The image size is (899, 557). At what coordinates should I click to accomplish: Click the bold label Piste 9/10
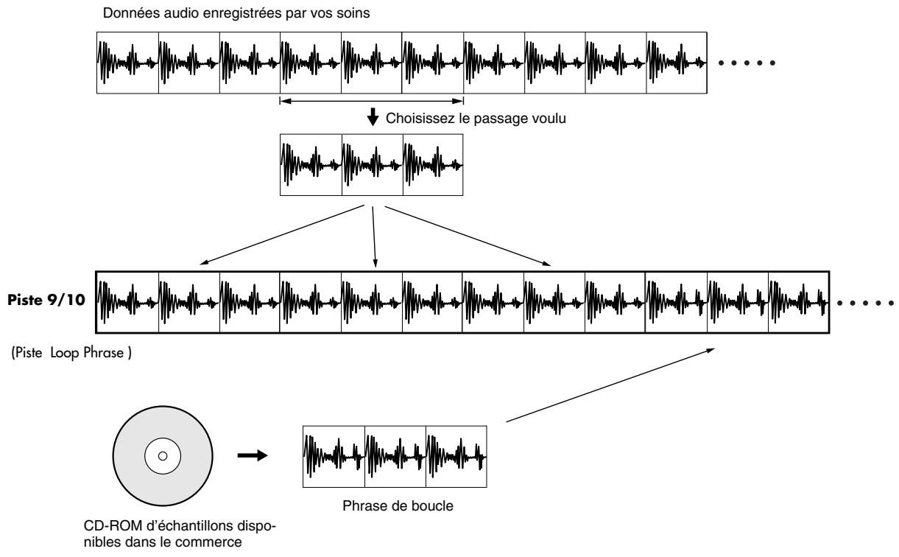(46, 300)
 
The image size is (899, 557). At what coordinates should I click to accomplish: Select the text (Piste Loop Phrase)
(71, 353)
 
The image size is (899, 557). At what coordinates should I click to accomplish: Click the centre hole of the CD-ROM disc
(163, 456)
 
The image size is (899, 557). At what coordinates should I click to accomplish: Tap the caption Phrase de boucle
(398, 505)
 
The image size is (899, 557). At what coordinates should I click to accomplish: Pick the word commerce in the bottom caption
(208, 542)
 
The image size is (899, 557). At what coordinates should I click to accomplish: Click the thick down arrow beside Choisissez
(373, 117)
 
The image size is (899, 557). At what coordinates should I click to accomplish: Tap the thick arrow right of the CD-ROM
(253, 455)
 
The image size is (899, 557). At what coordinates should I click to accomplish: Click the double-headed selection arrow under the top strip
(372, 101)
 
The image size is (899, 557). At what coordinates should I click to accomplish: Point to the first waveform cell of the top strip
(127, 63)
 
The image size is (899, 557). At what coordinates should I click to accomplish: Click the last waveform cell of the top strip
(677, 63)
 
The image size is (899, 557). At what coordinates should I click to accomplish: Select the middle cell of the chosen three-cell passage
(373, 164)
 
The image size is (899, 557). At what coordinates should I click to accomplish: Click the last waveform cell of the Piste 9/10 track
(799, 302)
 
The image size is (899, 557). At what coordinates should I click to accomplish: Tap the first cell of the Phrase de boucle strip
(334, 457)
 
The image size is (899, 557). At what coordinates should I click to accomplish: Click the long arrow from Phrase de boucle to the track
(610, 385)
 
